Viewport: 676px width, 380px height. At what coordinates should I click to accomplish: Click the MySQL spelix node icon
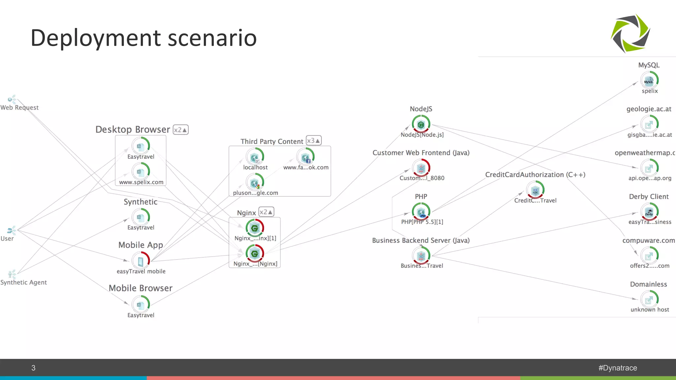coord(649,80)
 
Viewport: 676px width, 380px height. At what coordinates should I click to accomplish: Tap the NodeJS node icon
coord(421,124)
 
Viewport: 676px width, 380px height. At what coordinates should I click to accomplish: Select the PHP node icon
coord(421,212)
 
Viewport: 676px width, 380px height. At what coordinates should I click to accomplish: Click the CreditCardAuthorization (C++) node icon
coord(535,190)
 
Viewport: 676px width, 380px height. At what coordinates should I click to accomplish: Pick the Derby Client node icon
coord(649,212)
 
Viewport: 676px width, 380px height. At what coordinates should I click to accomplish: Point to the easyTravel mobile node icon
coord(141,261)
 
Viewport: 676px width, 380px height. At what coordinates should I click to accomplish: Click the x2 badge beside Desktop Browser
coord(181,130)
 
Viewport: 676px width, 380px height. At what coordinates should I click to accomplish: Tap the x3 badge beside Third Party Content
coord(313,141)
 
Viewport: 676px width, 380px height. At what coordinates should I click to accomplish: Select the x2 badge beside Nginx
coord(266,212)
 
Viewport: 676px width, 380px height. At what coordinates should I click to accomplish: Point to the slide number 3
coord(33,368)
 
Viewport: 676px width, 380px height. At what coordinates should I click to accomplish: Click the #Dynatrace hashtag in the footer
coord(618,368)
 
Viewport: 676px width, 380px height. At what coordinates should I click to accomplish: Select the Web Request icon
coord(12,99)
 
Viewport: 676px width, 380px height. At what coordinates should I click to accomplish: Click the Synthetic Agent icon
coord(12,274)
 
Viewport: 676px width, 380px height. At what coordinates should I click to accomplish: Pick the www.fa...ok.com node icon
coord(305,157)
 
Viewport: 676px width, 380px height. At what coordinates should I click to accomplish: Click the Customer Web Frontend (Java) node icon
coord(421,168)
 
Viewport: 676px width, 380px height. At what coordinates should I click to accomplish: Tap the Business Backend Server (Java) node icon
coord(421,256)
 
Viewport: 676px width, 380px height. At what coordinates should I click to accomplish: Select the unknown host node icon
coord(649,300)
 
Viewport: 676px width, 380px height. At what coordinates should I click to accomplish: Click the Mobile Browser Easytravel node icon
coord(141,304)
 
